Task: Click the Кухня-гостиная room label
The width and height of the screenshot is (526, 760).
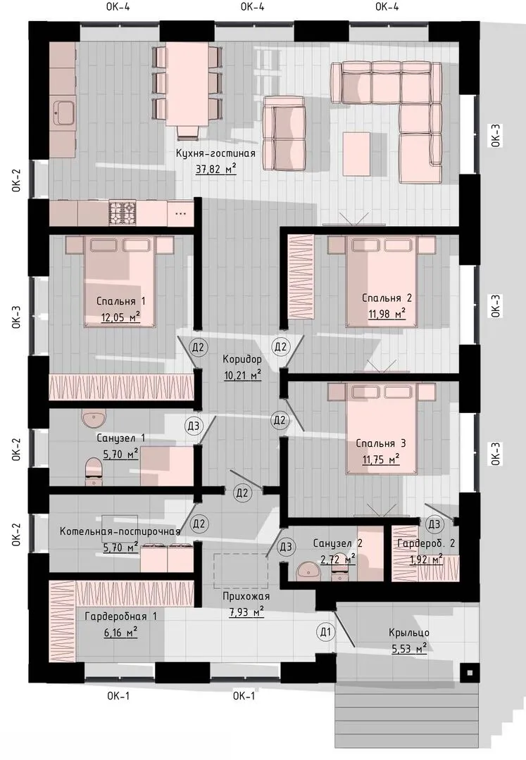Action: coord(215,153)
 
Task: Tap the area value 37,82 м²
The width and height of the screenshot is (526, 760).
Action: coord(215,169)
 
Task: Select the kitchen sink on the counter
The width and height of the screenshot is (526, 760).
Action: coord(63,113)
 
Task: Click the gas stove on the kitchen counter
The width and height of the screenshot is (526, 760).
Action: coord(122,213)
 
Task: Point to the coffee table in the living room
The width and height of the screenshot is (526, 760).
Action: coord(356,153)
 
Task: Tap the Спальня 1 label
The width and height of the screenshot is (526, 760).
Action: coord(120,301)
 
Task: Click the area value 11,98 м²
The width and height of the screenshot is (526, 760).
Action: coord(387,314)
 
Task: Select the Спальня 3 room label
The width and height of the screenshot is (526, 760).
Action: coord(380,443)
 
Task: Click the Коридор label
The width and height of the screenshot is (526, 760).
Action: coord(242,359)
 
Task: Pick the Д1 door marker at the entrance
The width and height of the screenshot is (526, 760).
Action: coord(326,631)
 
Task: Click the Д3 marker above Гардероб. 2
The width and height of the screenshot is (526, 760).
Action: coord(434,524)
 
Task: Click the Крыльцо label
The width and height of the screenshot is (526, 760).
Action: coord(408,633)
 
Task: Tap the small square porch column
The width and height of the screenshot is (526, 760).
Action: coord(469,673)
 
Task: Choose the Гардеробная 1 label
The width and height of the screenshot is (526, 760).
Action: coord(120,616)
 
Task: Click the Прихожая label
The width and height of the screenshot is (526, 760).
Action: coord(246,596)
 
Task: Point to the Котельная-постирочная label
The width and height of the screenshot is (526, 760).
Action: coord(120,531)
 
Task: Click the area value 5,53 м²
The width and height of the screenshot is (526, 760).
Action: coord(409,648)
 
